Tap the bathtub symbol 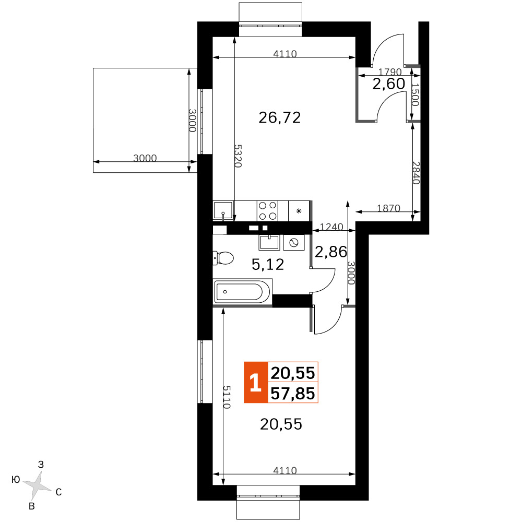(x=242, y=292)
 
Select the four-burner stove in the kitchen (x=268, y=211)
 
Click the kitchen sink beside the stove (x=223, y=210)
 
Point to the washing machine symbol (x=293, y=243)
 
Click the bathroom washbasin (x=269, y=242)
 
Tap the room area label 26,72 (x=280, y=117)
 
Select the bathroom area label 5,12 (x=268, y=265)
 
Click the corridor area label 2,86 (x=330, y=252)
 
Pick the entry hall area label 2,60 (x=388, y=84)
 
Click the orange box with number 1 (x=256, y=382)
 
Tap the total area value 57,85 (x=293, y=393)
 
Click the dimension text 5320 (x=238, y=156)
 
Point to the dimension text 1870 (x=388, y=208)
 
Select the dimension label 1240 (x=331, y=227)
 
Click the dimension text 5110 (x=227, y=397)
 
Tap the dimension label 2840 (x=416, y=173)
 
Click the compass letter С (x=58, y=492)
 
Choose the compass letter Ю (x=16, y=479)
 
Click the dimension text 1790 (x=390, y=72)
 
